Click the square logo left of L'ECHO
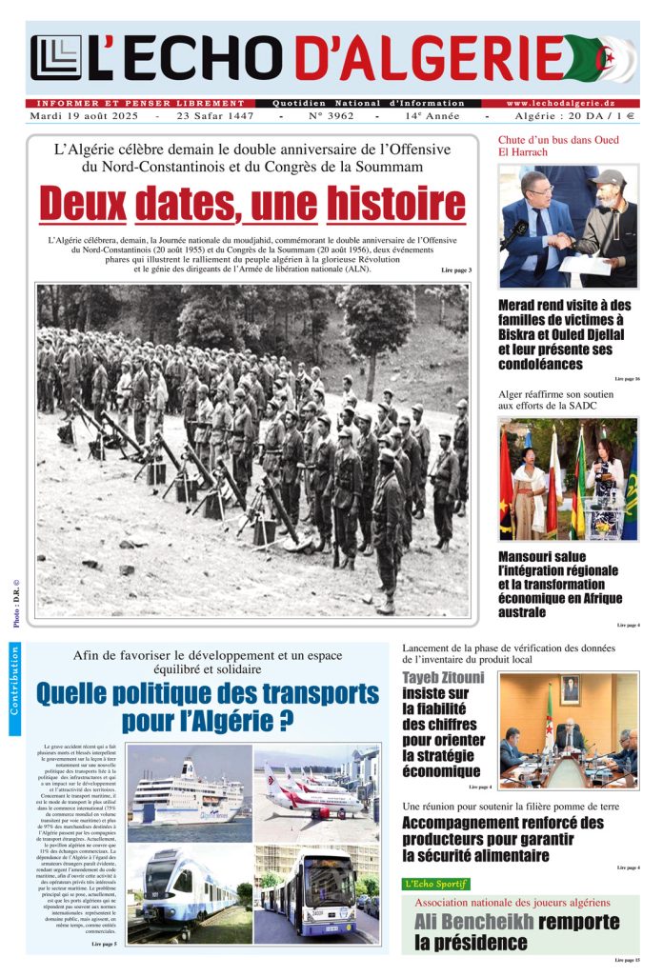tap(56, 58)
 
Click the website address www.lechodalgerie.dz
tap(560, 103)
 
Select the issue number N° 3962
tap(326, 116)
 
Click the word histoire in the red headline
tap(395, 204)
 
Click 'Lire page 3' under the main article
tap(456, 270)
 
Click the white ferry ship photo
tap(190, 788)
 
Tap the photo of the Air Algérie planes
tap(316, 788)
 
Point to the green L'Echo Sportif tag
tap(435, 884)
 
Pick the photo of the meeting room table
tap(569, 730)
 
